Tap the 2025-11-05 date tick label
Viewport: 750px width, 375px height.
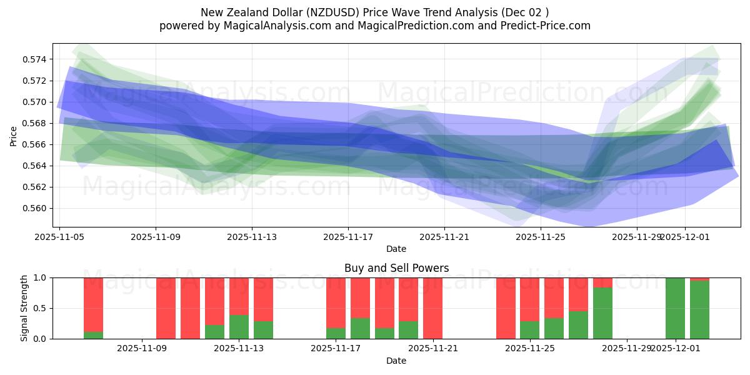coord(59,237)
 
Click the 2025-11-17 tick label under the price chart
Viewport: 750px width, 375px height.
coord(348,237)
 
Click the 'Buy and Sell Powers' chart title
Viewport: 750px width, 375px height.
coord(396,268)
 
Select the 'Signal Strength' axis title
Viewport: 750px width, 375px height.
coord(25,308)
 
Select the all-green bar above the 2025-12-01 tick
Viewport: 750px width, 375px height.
coord(675,308)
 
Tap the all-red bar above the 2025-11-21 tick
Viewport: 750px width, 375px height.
coord(432,308)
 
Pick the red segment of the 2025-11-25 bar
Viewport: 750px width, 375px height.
coord(529,299)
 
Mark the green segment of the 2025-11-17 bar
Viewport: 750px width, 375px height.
coord(336,333)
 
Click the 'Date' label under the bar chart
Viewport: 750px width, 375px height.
coord(396,361)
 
